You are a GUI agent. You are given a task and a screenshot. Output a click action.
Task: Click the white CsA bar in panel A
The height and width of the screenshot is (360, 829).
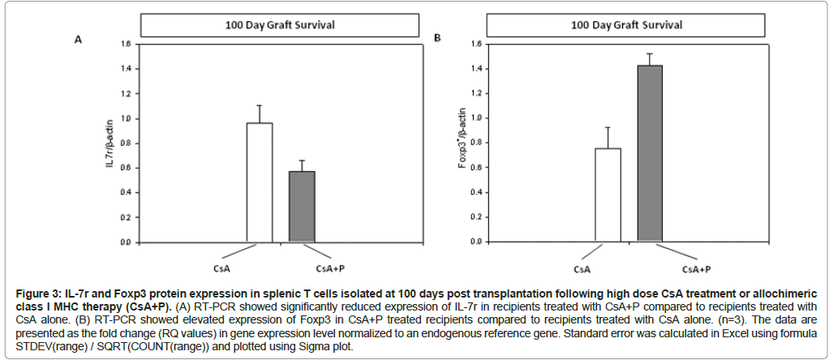click(x=260, y=182)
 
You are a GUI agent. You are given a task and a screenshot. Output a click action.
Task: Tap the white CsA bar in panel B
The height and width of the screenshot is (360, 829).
click(x=608, y=195)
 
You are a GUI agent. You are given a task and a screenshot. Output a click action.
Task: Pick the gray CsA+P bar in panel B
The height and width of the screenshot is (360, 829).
click(x=651, y=153)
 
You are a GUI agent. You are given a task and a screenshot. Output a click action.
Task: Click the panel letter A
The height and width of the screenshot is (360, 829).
click(x=78, y=39)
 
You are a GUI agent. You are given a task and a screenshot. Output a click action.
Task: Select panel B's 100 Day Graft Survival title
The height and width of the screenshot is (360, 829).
click(x=626, y=25)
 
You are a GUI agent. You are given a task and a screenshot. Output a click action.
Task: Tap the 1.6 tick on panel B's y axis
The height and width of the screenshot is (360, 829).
click(x=475, y=44)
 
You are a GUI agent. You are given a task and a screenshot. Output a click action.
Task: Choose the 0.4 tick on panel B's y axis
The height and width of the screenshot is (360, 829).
click(x=475, y=192)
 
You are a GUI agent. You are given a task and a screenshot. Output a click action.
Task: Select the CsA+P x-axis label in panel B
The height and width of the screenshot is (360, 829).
click(x=696, y=268)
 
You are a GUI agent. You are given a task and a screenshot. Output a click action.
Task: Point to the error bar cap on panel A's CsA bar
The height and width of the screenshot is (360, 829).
click(x=260, y=105)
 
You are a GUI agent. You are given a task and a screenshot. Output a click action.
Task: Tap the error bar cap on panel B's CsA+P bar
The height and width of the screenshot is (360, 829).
click(x=651, y=54)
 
